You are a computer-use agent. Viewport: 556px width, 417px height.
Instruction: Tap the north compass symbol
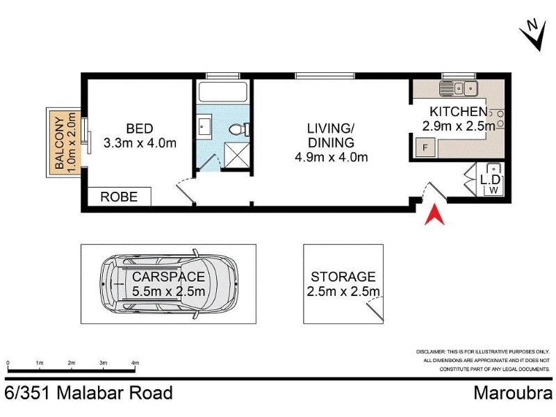click(x=533, y=35)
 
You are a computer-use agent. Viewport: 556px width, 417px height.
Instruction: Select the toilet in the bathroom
click(x=239, y=129)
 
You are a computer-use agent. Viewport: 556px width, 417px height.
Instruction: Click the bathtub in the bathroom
click(x=222, y=92)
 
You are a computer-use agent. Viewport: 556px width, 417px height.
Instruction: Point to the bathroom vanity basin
click(x=205, y=125)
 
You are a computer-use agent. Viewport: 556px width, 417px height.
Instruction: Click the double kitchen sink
click(x=459, y=89)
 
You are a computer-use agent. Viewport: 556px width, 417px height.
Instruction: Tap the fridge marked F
click(x=425, y=147)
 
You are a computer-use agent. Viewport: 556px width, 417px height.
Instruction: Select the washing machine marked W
click(x=493, y=190)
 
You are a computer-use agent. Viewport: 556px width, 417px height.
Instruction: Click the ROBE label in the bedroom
click(x=119, y=197)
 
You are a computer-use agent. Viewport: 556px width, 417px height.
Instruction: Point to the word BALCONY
click(x=60, y=142)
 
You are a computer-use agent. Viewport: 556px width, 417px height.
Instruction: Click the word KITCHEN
click(x=459, y=111)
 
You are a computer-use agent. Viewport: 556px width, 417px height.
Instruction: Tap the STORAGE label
click(x=343, y=277)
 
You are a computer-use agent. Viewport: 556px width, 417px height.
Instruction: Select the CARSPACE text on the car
click(x=168, y=277)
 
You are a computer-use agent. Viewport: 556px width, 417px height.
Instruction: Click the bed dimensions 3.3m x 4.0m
click(x=140, y=143)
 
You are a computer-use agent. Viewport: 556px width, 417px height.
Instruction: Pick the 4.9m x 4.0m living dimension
click(x=332, y=157)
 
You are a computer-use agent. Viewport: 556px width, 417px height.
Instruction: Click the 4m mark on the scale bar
click(x=135, y=363)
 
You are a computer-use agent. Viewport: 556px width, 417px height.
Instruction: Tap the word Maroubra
click(x=513, y=393)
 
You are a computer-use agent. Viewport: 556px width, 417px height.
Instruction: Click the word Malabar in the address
click(x=90, y=393)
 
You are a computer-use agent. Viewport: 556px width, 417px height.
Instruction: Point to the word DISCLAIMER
click(x=430, y=352)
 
